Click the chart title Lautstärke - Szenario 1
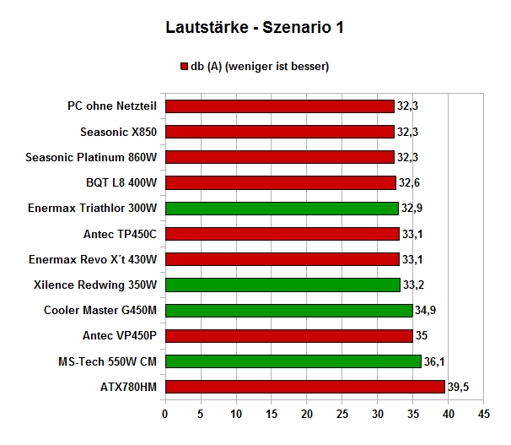click(x=255, y=27)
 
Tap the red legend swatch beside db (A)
click(x=184, y=66)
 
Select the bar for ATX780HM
click(x=305, y=387)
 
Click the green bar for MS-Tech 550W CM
click(x=293, y=361)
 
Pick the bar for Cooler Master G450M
click(x=289, y=310)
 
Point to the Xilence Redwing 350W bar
click(x=282, y=285)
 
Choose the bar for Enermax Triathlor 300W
click(x=282, y=208)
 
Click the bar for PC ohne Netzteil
click(x=280, y=106)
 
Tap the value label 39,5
click(x=458, y=387)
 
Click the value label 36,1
click(x=434, y=361)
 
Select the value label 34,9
click(x=425, y=310)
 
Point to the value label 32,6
click(x=409, y=182)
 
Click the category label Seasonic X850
click(x=118, y=132)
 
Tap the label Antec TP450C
click(x=120, y=234)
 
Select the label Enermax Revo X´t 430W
click(x=93, y=259)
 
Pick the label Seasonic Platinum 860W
click(x=91, y=157)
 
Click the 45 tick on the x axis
click(x=484, y=414)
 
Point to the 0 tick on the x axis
click(x=165, y=414)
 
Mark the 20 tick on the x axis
click(x=307, y=414)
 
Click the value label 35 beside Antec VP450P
click(x=422, y=336)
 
